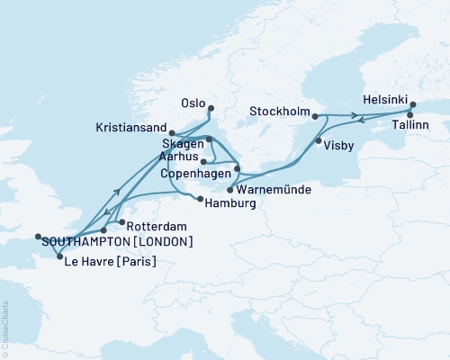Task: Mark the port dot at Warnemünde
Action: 231,190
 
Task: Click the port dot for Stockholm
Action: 315,115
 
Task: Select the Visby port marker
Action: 317,140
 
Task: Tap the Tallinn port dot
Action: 410,114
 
